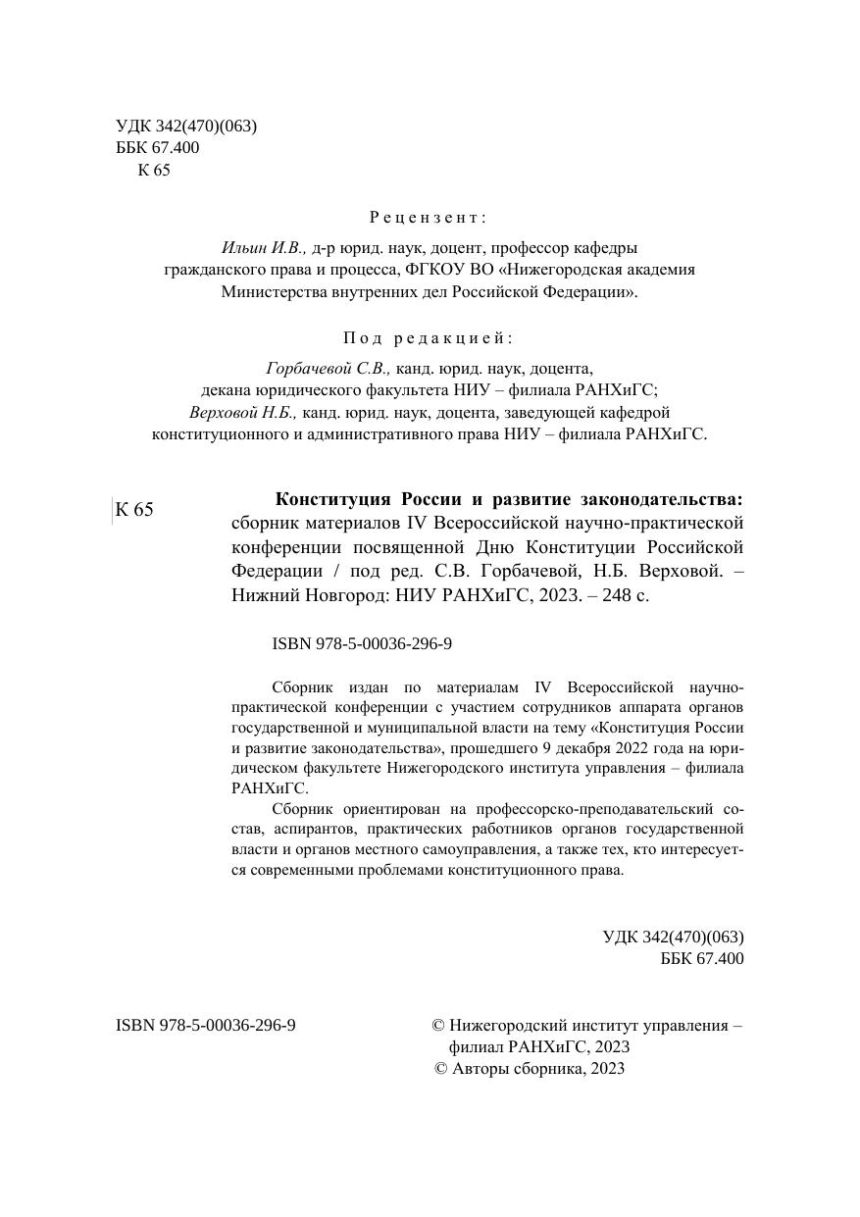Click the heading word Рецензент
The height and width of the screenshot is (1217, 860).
(x=429, y=217)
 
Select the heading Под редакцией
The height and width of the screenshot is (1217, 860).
(x=429, y=338)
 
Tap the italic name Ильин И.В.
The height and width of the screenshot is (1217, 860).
(x=264, y=248)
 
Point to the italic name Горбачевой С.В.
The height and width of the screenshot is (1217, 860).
(x=328, y=369)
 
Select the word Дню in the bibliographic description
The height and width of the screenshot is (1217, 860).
(x=500, y=546)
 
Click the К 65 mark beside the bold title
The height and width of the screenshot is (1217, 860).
(x=134, y=510)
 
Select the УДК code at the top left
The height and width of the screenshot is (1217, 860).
(x=186, y=127)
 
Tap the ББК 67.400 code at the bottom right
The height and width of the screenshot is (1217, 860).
(x=702, y=958)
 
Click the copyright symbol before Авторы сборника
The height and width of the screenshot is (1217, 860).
(x=440, y=1069)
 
